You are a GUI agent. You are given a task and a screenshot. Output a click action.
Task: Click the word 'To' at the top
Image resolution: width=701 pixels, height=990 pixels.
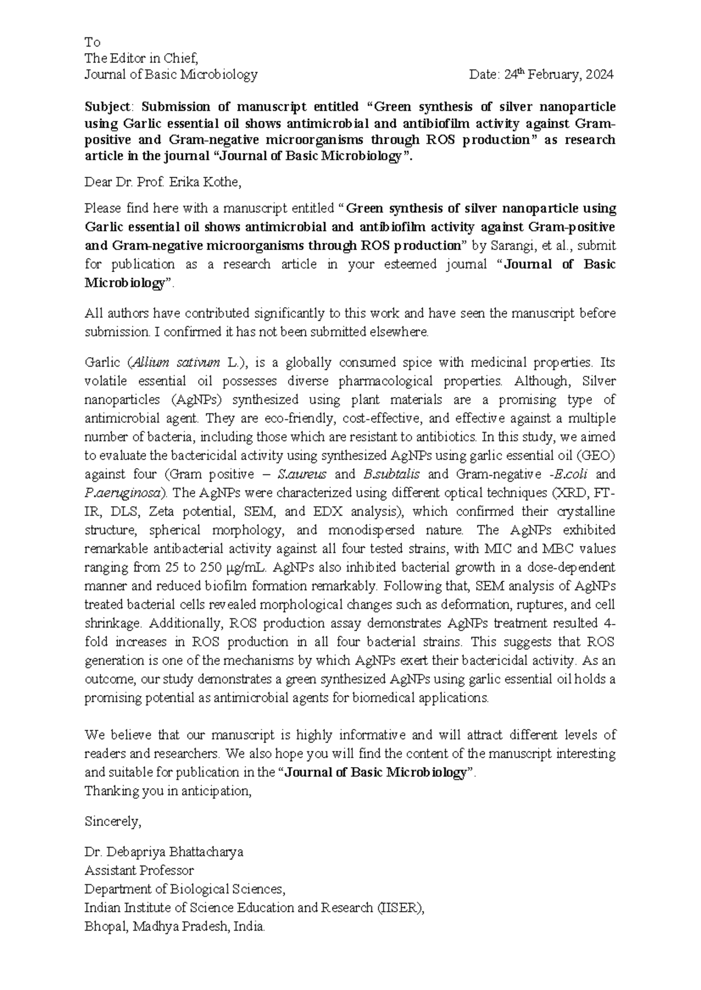point(92,43)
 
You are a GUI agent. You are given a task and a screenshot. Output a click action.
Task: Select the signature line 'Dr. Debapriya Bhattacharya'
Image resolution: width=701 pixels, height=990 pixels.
point(164,852)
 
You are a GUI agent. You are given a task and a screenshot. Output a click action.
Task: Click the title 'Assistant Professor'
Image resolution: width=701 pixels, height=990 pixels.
point(139,871)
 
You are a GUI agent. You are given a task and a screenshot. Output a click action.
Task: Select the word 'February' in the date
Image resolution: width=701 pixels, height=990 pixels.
point(554,75)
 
